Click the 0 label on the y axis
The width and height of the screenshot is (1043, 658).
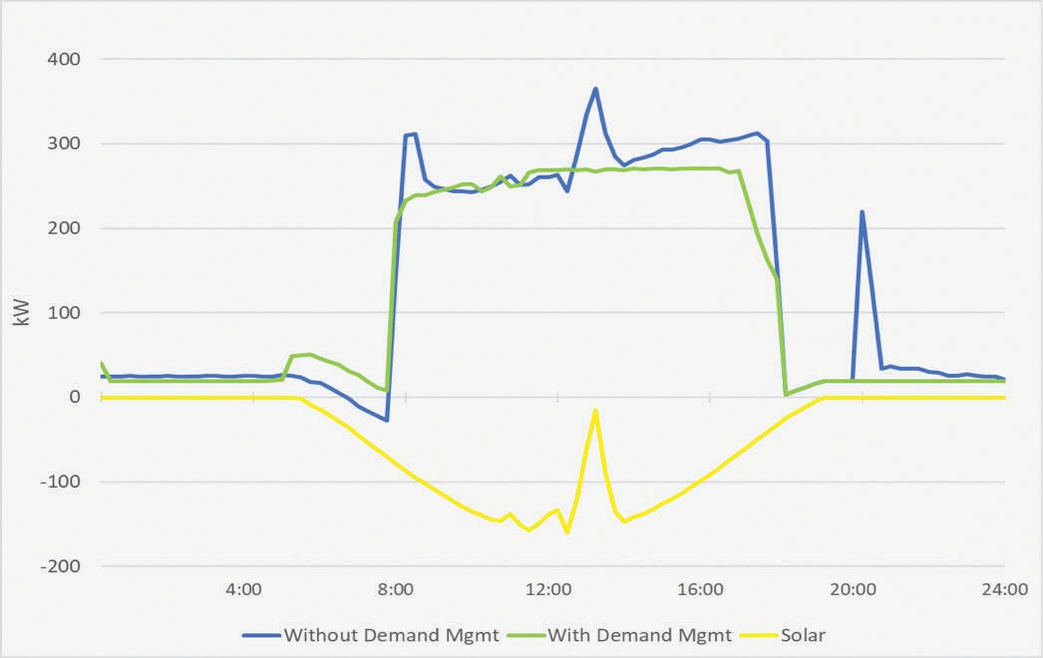pyautogui.click(x=75, y=397)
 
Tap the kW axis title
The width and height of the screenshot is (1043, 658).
pyautogui.click(x=19, y=312)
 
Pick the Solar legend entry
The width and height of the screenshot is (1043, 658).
pyautogui.click(x=802, y=634)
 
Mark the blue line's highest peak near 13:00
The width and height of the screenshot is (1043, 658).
pyautogui.click(x=595, y=89)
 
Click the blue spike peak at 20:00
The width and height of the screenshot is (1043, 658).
pyautogui.click(x=862, y=211)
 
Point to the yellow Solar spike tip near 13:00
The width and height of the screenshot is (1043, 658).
pyautogui.click(x=595, y=410)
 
